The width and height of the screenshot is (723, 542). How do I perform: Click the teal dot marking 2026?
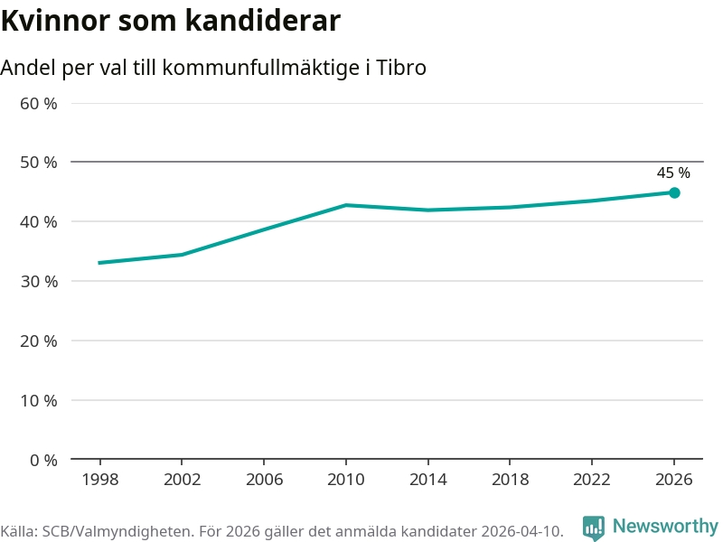674,192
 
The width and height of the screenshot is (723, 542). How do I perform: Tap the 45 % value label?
673,173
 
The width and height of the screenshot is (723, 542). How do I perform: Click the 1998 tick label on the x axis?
100,480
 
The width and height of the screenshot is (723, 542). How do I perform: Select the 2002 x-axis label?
183,480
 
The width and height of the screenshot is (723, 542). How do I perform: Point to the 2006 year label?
264,480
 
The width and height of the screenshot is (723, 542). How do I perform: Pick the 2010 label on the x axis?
346,480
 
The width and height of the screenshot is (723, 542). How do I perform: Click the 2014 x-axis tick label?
427,480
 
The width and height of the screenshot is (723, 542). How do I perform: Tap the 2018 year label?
510,480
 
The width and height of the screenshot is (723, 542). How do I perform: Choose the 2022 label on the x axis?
592,480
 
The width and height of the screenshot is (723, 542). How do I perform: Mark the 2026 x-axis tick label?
673,480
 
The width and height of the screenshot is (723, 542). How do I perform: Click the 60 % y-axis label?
39,104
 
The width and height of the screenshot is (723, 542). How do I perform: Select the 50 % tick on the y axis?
39,163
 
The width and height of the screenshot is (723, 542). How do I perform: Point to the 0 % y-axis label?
43,460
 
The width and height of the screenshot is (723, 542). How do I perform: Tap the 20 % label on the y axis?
39,341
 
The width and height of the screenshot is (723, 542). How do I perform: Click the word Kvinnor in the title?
56,21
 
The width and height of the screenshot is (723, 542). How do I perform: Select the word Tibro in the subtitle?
401,68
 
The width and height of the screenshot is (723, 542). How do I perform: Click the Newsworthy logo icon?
594,528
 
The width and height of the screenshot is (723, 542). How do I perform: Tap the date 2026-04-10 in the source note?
521,531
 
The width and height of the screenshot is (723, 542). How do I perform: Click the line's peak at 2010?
346,205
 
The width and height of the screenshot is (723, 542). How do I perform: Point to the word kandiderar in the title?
263,21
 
